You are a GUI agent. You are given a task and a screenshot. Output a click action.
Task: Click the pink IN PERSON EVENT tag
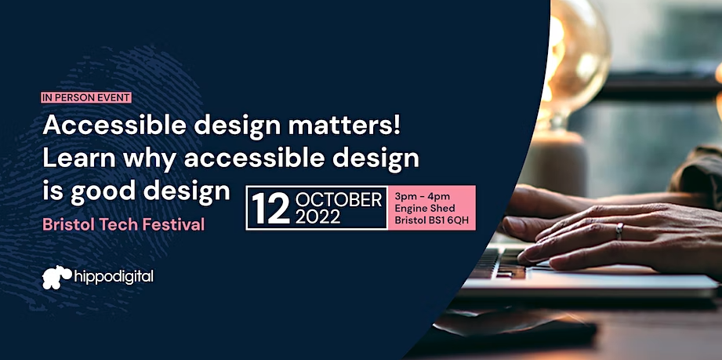click(86, 98)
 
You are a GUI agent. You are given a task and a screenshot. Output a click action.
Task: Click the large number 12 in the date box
click(270, 209)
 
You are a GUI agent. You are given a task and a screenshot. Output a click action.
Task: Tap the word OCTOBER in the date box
click(339, 200)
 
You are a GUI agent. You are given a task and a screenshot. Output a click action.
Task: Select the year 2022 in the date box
click(317, 216)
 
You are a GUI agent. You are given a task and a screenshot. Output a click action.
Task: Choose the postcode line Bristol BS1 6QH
click(431, 220)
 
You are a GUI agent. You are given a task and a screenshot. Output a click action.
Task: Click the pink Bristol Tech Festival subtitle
click(123, 224)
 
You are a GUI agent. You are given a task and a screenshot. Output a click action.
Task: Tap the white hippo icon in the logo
click(56, 277)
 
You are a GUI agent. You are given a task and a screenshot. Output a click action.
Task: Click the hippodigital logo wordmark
click(113, 278)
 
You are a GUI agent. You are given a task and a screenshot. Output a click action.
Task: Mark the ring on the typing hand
click(620, 231)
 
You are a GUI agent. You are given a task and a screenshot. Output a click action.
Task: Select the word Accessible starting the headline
click(115, 125)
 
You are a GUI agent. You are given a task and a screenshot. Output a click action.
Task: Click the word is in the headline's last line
click(53, 191)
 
